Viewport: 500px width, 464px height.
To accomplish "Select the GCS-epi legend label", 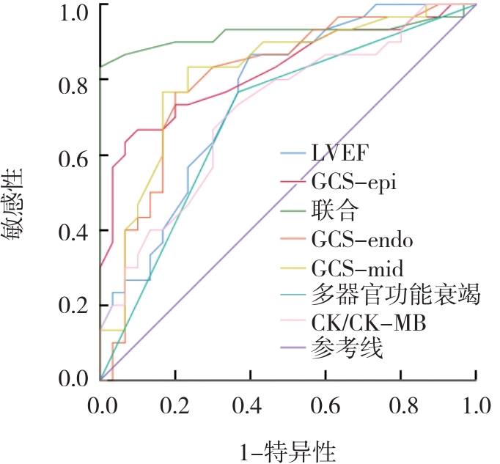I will click(355, 183).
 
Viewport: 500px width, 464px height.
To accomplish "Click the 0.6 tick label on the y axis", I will click(72, 156).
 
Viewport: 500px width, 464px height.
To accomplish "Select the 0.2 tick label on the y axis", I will click(72, 304).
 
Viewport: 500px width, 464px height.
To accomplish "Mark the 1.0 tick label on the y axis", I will click(72, 9).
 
